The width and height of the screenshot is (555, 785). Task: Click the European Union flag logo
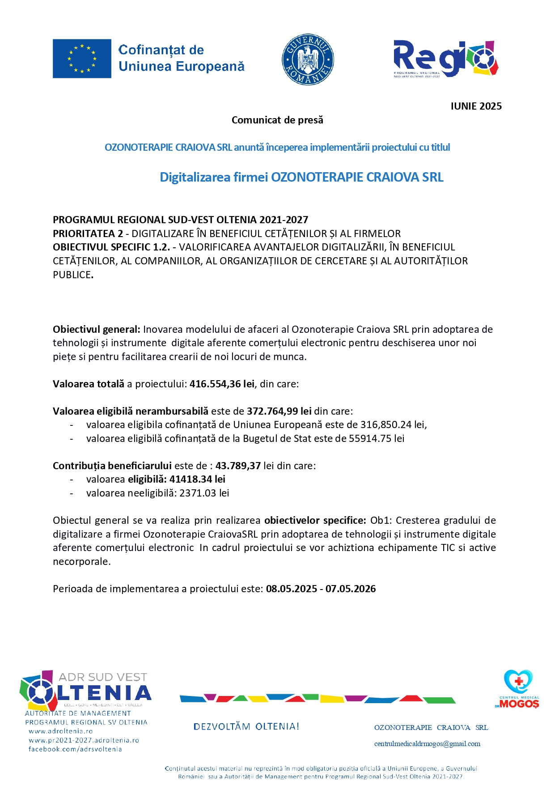coord(82,59)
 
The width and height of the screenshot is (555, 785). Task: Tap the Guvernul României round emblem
coord(308,59)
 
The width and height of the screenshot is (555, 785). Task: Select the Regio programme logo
coord(446,59)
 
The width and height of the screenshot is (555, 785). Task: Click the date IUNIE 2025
coord(476,106)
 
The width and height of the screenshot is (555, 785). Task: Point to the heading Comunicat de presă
coord(277,120)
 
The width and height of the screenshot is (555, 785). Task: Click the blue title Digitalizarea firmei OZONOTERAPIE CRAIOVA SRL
coord(301,177)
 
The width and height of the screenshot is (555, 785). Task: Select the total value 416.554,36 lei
coord(222,384)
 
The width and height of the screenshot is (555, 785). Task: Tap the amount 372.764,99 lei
coord(279,411)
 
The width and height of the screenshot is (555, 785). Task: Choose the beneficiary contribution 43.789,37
coord(238,466)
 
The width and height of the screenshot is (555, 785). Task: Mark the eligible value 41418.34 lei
coord(197,479)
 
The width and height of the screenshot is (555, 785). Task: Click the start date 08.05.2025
coord(292,589)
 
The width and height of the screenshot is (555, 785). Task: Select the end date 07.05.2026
coord(351,589)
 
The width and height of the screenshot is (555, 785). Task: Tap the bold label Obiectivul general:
coord(97,330)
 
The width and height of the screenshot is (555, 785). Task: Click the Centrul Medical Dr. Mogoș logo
coord(518,689)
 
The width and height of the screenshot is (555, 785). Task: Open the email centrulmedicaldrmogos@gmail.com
coord(427,744)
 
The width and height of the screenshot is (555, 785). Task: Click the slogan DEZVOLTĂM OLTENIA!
coord(246,726)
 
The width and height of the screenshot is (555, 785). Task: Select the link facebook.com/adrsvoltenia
coord(75,749)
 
